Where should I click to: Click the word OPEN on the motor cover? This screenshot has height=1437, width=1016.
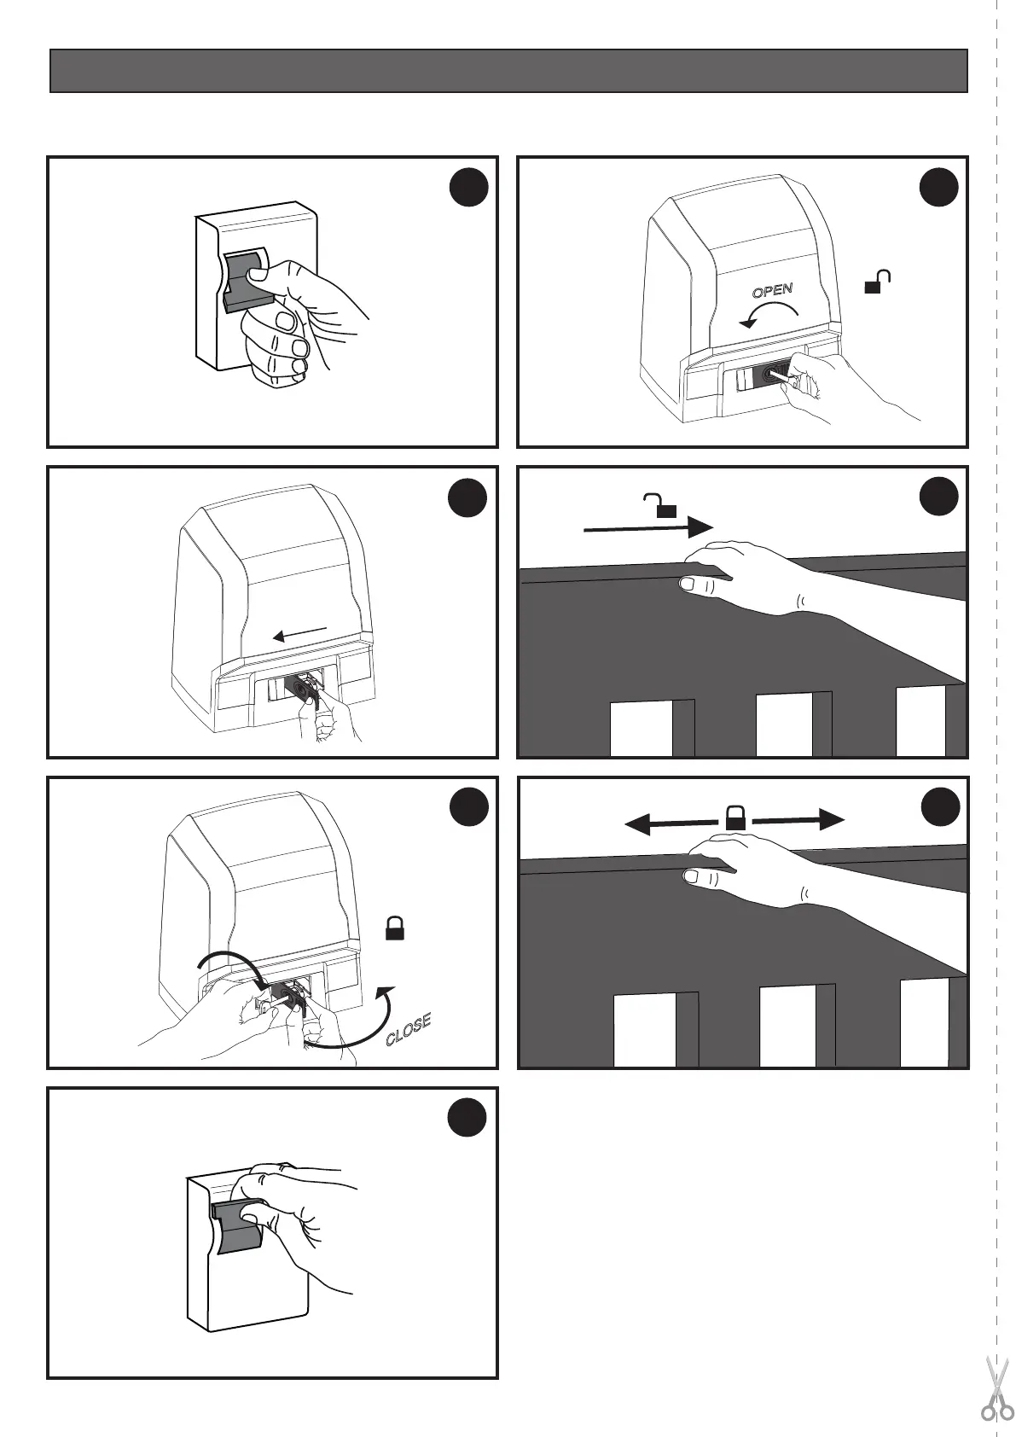tap(772, 290)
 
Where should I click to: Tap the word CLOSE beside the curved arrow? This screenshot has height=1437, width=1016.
tap(409, 1029)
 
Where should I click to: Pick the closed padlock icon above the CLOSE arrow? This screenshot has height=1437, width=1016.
tap(394, 928)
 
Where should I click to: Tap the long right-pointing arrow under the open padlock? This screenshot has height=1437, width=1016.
tap(648, 527)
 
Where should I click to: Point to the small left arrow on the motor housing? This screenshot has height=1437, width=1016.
tap(299, 633)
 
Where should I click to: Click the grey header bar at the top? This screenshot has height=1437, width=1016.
tap(508, 70)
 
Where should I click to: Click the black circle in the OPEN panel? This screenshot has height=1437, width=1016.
tap(940, 189)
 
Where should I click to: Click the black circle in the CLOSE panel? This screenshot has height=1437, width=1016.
tap(469, 808)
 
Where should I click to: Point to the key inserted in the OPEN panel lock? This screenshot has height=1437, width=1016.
tap(789, 375)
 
